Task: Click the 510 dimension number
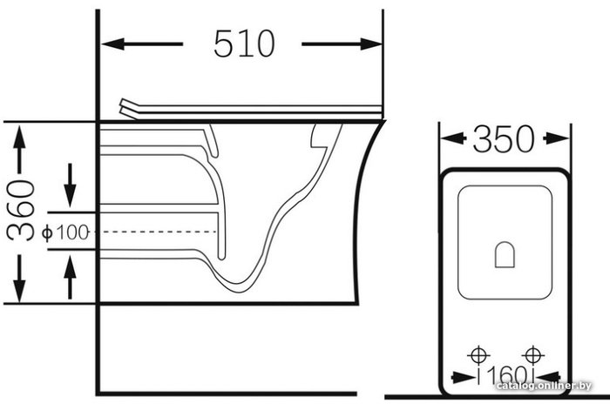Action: point(244,44)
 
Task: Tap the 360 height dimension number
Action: point(21,210)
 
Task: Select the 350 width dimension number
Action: point(504,138)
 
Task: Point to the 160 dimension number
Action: point(507,375)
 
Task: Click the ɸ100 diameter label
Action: point(65,232)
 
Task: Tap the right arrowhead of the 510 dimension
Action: point(370,44)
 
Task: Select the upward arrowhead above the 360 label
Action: point(19,137)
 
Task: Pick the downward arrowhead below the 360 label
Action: point(19,290)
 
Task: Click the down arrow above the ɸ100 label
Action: point(70,185)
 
